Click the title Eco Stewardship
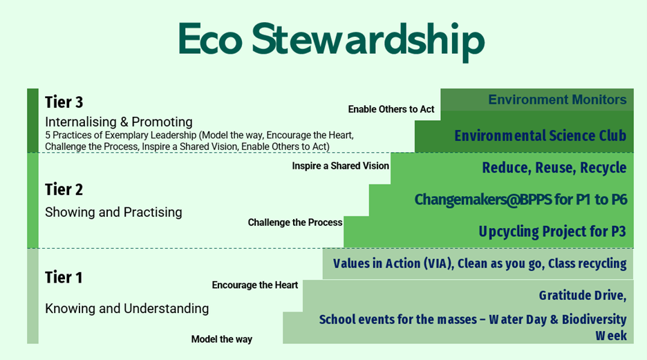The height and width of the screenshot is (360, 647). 331,40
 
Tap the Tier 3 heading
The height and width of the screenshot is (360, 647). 64,102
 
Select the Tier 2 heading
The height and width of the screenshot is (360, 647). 64,189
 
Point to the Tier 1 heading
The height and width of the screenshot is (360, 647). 64,277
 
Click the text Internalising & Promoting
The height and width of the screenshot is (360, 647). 119,122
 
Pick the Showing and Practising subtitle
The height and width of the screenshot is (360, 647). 113,212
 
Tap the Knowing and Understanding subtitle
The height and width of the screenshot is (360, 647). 126,308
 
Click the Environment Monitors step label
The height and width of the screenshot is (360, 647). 557,100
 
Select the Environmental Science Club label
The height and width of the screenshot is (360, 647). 541,135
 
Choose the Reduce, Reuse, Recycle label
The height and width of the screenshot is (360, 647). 554,168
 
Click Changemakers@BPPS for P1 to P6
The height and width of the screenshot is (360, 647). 521,200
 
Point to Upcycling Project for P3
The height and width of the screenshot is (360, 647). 552,231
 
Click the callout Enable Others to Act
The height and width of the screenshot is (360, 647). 391,109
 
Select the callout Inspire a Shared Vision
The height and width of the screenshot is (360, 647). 340,166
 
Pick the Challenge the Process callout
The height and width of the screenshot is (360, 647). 295,222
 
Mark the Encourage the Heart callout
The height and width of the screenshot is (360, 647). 255,285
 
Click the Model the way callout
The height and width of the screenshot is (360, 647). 222,339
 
